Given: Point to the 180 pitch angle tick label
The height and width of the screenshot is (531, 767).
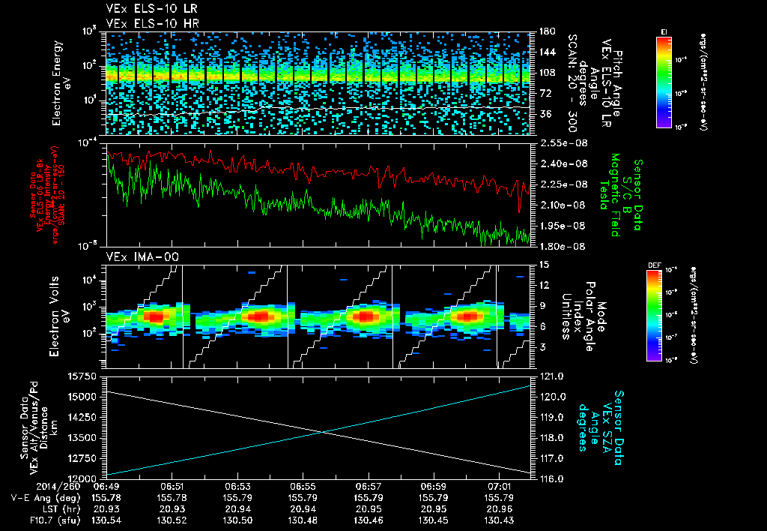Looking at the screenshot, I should point(542,31).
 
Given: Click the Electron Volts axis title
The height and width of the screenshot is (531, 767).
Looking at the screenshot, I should point(57,312).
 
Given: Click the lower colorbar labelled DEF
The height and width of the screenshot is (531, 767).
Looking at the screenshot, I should point(664,315).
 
